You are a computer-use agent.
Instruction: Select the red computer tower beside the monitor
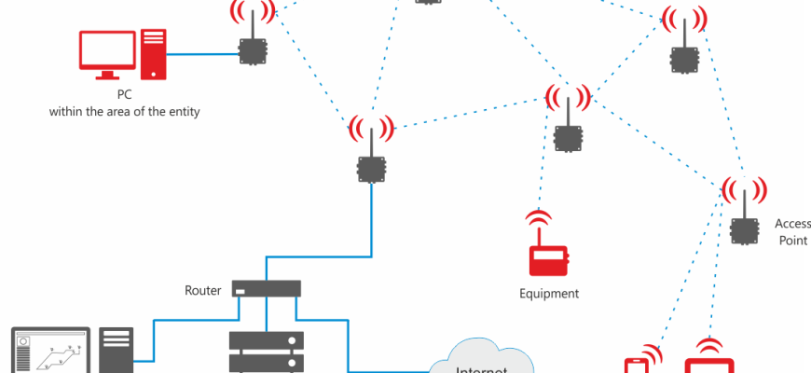coord(153,53)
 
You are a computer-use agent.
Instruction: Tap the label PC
coord(123,95)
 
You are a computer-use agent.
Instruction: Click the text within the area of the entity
coord(125,112)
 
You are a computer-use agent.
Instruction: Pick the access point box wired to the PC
coord(251,50)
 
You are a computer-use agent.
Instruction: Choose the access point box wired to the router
coord(371,169)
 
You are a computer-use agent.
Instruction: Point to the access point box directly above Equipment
coord(567,137)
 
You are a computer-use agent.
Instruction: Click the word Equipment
coord(549,294)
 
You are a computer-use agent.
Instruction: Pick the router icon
coord(266,289)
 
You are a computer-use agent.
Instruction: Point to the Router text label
coord(202,290)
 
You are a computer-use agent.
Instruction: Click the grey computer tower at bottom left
coord(115,352)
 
